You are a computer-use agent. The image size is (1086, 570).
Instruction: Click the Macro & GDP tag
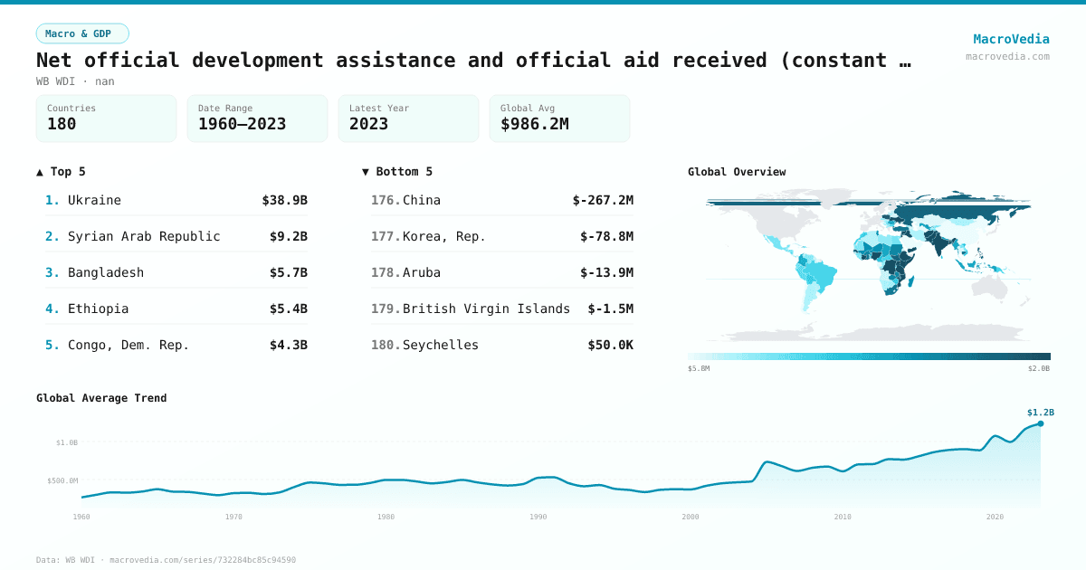tap(82, 33)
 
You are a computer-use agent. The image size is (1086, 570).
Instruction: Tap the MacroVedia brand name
tap(1011, 39)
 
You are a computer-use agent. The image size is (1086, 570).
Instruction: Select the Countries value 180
tap(62, 124)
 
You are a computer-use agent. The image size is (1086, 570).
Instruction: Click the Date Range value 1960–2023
tap(242, 124)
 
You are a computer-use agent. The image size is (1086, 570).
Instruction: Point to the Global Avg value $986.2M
tap(534, 124)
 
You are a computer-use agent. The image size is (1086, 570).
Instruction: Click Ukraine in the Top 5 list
tap(94, 200)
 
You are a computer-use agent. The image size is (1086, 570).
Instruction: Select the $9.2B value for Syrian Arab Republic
tap(289, 236)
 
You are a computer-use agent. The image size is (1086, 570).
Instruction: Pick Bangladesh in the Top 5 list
tap(106, 272)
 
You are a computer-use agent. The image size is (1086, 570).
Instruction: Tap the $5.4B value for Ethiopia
tap(289, 309)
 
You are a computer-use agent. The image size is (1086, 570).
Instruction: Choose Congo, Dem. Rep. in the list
tap(129, 345)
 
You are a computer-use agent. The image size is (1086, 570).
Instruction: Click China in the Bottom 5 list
tap(422, 200)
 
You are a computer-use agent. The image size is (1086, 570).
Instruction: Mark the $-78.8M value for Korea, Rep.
tap(606, 236)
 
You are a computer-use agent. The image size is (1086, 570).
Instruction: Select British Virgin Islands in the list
tap(486, 309)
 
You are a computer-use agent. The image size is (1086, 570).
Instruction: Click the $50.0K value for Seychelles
tap(610, 345)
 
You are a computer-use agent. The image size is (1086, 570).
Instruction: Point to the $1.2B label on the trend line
tap(1041, 412)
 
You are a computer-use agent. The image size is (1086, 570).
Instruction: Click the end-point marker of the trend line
tap(1041, 423)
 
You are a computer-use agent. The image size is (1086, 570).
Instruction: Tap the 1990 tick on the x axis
tap(538, 517)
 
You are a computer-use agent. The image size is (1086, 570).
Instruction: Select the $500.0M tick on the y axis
tap(62, 480)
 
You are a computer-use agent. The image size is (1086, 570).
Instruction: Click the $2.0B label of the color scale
tap(1039, 368)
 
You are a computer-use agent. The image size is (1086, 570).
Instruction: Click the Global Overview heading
tap(737, 171)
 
